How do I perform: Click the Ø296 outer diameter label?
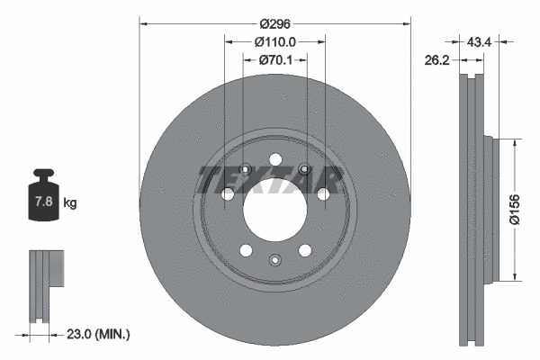(274, 23)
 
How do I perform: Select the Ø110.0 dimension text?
(274, 42)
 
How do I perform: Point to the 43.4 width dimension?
(480, 41)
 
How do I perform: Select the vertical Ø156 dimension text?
(526, 208)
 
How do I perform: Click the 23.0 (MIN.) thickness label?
(99, 334)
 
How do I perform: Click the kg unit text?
(70, 202)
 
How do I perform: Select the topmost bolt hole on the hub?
(274, 160)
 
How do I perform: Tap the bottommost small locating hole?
(274, 261)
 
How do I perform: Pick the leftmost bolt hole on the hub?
(228, 193)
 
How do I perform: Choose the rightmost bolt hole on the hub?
(321, 193)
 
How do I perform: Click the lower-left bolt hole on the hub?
(245, 250)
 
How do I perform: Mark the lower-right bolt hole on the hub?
(304, 250)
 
